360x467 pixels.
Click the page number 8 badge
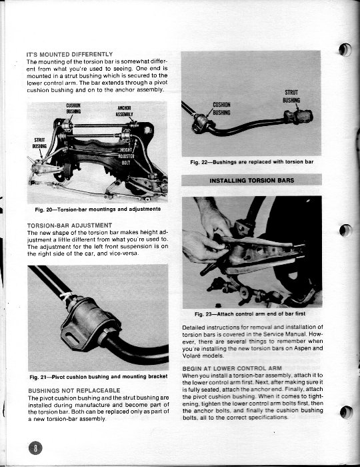35,448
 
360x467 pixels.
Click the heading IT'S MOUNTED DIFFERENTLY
69,55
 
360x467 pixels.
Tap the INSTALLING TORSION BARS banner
252,180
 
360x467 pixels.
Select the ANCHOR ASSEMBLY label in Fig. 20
125,111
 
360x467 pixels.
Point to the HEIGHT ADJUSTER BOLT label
127,156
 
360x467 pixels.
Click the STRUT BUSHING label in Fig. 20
39,143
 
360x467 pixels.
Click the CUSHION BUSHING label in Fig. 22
221,108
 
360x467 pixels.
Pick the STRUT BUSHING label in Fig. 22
291,96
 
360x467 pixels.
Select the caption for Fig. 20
97,209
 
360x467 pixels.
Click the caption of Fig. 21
98,376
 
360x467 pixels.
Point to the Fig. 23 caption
250,314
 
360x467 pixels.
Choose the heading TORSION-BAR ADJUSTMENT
69,225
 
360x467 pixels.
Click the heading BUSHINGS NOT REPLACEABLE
74,390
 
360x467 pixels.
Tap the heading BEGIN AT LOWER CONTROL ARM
232,368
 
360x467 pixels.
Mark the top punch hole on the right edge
345,49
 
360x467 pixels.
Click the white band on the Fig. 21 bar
66,296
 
